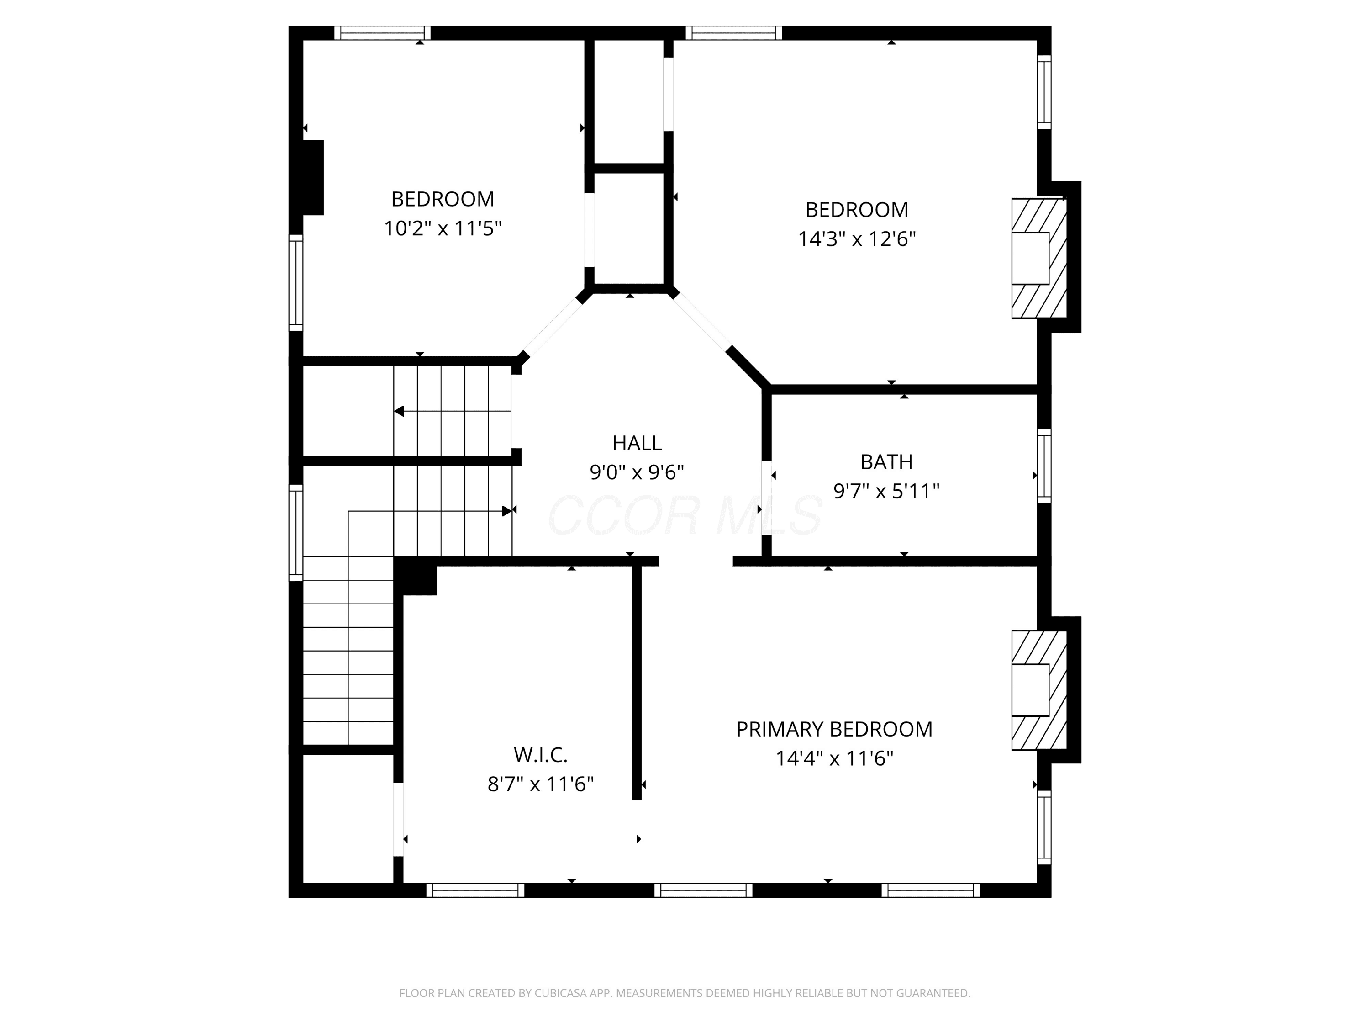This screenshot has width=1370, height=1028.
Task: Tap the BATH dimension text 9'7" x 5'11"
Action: [x=886, y=491]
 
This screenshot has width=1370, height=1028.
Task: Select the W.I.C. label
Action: [x=541, y=755]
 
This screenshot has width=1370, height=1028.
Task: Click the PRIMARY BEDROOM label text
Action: [x=834, y=729]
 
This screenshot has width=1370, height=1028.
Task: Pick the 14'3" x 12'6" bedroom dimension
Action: [x=857, y=239]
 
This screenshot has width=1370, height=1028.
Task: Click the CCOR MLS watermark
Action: [x=685, y=515]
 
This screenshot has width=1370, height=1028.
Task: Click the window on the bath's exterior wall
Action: [x=1044, y=466]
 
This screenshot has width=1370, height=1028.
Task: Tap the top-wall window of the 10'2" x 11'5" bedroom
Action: [x=382, y=33]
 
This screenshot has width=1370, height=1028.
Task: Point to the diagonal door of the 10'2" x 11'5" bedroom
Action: [x=553, y=327]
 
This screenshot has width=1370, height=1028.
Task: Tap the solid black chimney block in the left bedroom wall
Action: [x=313, y=178]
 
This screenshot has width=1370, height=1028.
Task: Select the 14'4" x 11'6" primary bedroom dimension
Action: [x=834, y=758]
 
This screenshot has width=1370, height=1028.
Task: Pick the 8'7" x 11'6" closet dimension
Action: [x=541, y=784]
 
